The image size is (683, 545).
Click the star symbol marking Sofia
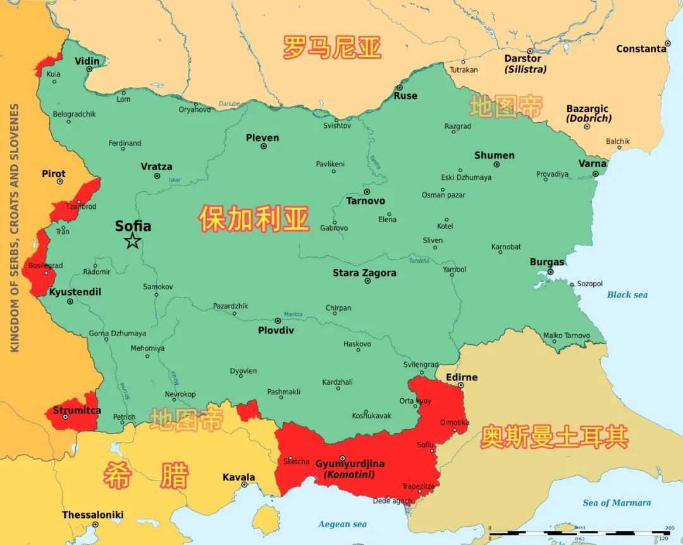[x=132, y=241]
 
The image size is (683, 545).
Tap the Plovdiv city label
[x=276, y=330]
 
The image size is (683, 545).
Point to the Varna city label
[x=593, y=164]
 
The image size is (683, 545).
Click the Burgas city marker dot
[x=550, y=272]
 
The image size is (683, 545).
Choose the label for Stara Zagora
[x=364, y=273]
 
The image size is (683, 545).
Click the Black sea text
[x=627, y=295]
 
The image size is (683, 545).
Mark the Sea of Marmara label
[x=617, y=503]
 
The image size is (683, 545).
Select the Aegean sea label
[x=342, y=524]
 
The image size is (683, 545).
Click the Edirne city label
[x=462, y=377]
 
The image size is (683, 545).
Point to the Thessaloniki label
[x=92, y=515]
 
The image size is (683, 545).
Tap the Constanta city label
[x=641, y=49]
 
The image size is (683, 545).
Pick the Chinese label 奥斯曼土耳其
[x=554, y=437]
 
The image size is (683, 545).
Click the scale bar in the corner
[x=579, y=533]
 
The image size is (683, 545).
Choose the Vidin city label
[x=87, y=61]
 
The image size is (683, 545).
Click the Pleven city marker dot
[x=264, y=146]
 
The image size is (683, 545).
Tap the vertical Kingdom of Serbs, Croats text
[x=15, y=228]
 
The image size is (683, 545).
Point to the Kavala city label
[x=238, y=477]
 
